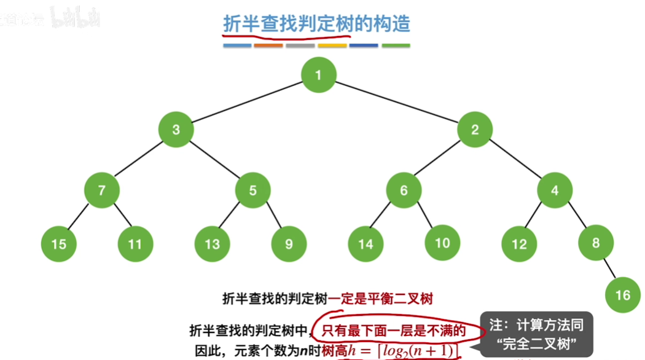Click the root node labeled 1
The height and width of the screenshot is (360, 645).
tap(319, 76)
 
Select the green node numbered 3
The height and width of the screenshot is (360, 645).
tap(176, 130)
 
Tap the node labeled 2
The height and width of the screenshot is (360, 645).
tap(475, 130)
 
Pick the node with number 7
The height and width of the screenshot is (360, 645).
tap(102, 190)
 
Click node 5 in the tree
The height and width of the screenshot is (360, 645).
tap(253, 190)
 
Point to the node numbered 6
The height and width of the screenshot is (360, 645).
tap(404, 190)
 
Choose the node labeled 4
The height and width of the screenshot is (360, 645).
tap(555, 190)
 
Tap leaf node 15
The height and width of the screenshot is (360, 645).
tap(59, 245)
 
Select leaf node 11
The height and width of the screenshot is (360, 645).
tap(135, 245)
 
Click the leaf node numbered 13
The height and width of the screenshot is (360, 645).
tap(212, 245)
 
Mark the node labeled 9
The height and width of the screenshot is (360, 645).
tap(289, 245)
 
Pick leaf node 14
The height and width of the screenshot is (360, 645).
tap(365, 245)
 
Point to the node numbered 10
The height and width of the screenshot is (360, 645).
tap(442, 243)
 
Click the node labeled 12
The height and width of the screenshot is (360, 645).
tap(519, 245)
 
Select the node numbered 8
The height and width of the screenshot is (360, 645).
tap(596, 243)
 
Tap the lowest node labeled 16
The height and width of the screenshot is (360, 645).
tap(622, 295)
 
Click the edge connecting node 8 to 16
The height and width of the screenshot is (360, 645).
tap(609, 268)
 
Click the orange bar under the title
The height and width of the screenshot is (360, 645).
tap(268, 45)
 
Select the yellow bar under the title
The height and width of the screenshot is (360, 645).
tap(332, 45)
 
